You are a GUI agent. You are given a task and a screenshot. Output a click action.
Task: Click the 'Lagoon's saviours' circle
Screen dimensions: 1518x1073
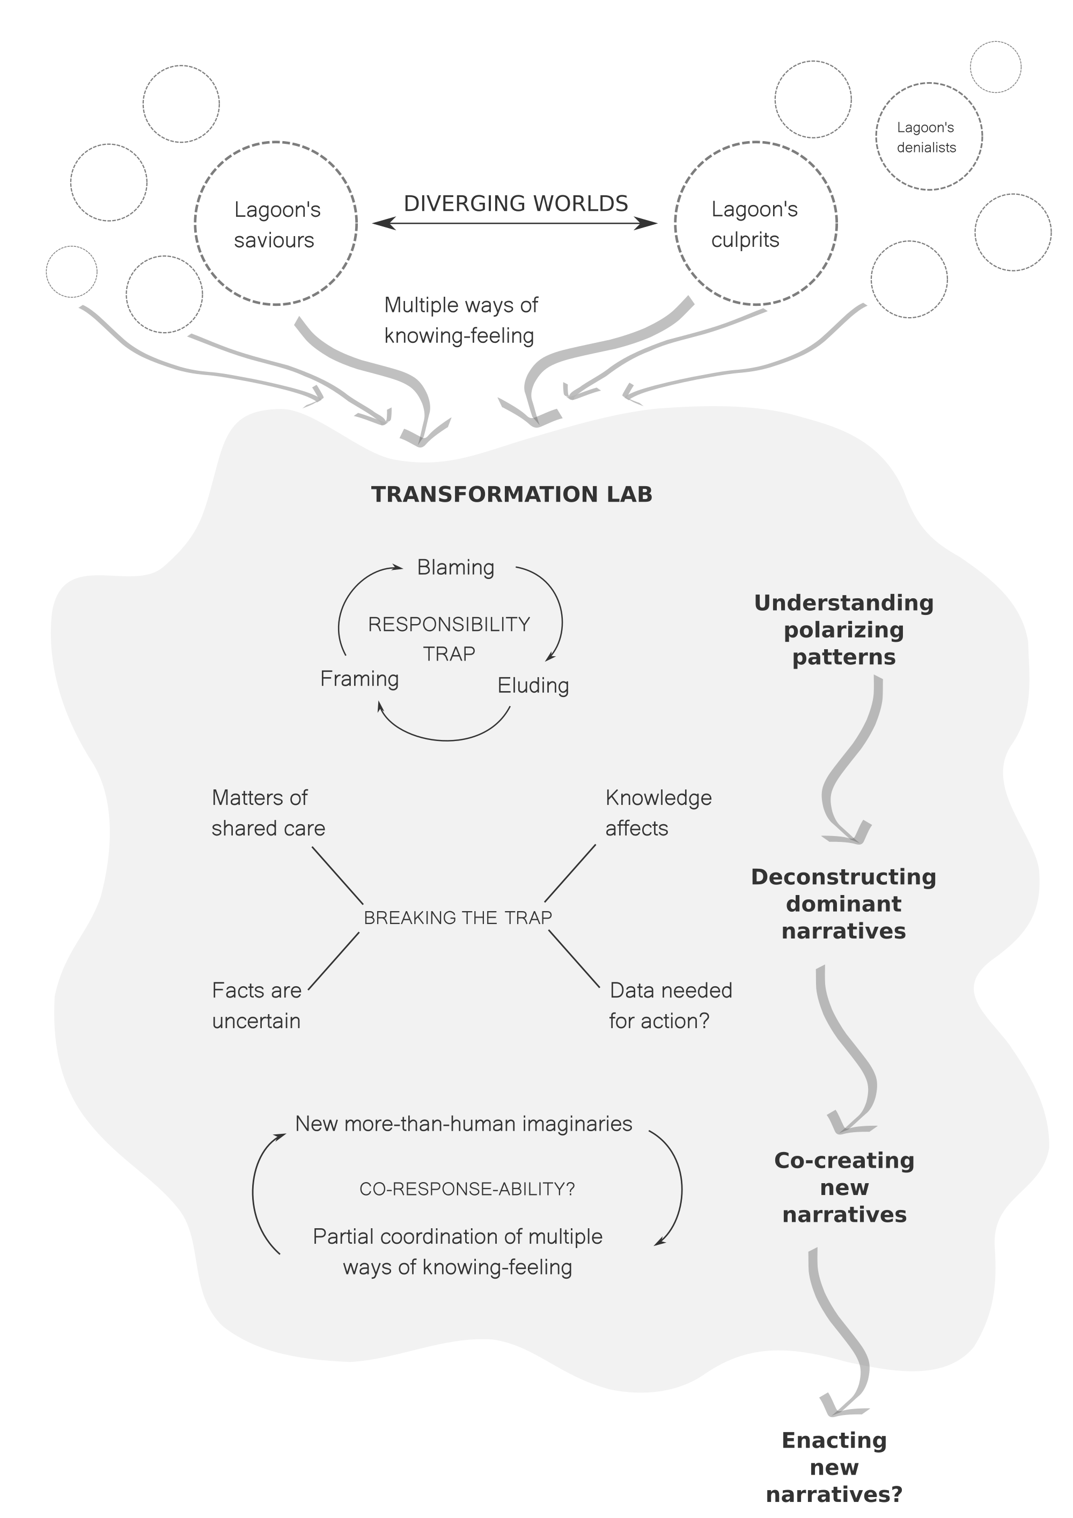pos(276,223)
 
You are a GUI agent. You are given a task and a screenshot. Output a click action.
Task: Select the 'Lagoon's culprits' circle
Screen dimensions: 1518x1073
pos(756,223)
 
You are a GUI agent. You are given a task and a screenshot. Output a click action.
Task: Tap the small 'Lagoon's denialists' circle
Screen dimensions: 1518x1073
pos(928,137)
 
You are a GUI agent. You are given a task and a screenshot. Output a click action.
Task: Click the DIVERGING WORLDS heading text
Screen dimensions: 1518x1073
pos(516,203)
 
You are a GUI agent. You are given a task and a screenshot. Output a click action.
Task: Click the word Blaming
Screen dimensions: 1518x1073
pos(455,567)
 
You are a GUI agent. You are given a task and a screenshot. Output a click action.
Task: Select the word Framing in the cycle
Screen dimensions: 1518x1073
pos(359,678)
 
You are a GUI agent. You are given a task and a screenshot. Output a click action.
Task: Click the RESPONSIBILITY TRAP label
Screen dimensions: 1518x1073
pos(449,638)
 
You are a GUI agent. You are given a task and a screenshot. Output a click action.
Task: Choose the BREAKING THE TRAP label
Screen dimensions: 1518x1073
pos(458,917)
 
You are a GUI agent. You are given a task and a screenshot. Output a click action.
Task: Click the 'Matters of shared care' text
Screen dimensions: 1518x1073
pos(268,812)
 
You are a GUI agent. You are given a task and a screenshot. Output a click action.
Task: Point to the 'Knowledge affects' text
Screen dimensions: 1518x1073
pos(658,812)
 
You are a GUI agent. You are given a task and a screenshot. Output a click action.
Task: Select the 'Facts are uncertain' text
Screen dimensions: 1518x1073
pos(256,1005)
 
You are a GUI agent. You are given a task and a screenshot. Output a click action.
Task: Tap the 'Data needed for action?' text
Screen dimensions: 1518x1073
pos(671,1005)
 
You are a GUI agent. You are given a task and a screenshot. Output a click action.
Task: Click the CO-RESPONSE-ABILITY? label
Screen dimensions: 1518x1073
pos(467,1189)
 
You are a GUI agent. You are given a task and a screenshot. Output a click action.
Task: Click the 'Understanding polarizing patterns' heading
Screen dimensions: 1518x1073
pos(843,629)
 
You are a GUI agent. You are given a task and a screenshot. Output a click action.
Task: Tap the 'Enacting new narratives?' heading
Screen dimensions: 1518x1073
pos(834,1476)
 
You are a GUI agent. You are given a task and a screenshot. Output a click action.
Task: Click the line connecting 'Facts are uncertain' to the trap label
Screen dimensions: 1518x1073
pos(334,960)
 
